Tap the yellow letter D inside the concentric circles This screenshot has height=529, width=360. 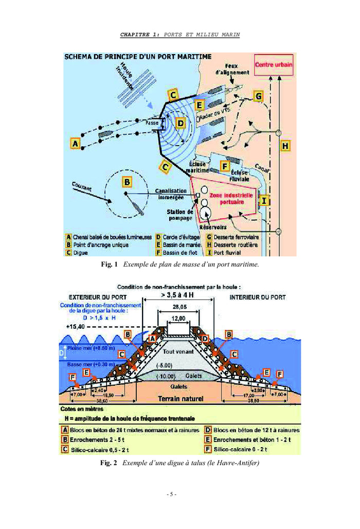(x=181, y=123)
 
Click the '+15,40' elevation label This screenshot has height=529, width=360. (x=75, y=327)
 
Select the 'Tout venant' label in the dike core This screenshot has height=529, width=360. (x=179, y=352)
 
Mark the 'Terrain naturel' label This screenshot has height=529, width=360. (x=181, y=398)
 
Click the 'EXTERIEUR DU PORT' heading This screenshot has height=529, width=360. (x=98, y=297)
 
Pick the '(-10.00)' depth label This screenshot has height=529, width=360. (x=165, y=376)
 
